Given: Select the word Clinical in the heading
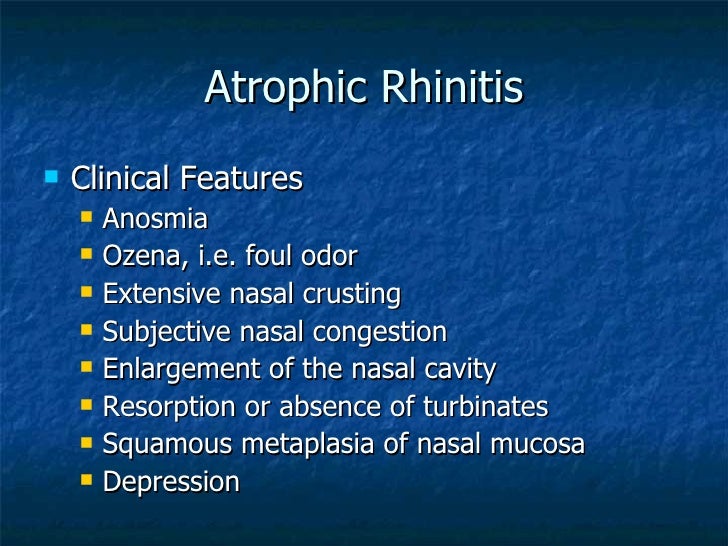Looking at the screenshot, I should pos(121,179).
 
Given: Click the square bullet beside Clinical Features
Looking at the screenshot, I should pos(51,178).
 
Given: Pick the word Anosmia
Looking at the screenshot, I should pos(155,218).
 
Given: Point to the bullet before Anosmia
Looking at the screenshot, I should pos(87,217).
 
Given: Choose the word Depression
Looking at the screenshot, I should pos(171,482).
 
